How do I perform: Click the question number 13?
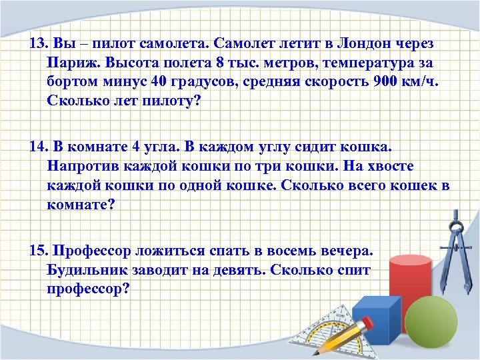pos(39,44)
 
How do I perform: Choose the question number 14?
pos(39,147)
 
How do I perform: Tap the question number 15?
pos(39,251)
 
